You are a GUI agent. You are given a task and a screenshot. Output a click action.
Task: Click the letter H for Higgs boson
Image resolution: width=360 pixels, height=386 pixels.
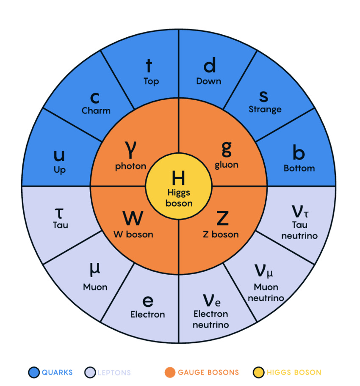(178, 178)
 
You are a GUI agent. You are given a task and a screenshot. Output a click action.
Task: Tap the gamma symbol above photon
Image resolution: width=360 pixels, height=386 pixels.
(130, 148)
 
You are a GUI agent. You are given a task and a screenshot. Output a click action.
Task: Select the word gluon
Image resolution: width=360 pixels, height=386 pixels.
(227, 165)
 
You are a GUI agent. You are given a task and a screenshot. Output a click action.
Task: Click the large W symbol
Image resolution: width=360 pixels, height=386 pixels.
(133, 218)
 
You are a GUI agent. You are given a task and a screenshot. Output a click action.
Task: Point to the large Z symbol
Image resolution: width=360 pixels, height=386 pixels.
(222, 218)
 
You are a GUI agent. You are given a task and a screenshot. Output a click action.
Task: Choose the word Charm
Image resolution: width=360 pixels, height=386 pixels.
(96, 111)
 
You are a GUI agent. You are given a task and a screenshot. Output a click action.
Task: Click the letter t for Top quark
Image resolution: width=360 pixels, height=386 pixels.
(149, 66)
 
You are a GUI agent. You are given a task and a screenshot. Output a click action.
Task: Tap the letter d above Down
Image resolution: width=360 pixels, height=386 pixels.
(209, 66)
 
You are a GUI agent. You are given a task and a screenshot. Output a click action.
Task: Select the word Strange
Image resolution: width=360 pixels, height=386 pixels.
(265, 109)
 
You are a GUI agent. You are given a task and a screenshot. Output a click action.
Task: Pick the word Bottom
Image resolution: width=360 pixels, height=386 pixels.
(299, 168)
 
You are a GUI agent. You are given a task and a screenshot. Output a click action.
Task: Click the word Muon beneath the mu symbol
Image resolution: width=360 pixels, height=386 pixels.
(95, 287)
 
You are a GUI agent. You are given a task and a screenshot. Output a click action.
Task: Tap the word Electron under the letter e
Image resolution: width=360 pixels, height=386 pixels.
(148, 314)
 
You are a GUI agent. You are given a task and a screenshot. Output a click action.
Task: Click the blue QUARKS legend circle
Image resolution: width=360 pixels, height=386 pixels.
(34, 372)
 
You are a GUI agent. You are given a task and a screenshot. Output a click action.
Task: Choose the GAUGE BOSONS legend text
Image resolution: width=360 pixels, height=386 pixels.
(208, 372)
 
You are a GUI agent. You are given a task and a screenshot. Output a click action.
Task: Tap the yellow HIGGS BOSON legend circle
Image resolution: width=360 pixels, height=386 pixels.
(258, 372)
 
